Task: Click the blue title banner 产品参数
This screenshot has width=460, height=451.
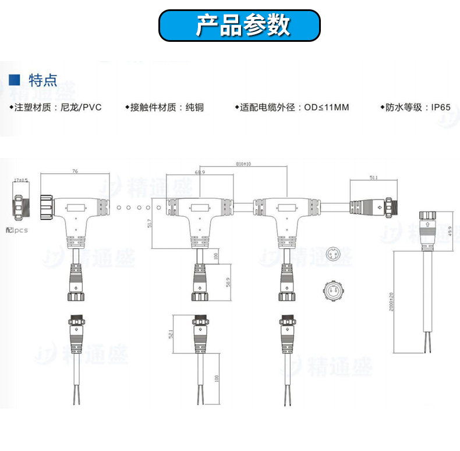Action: click(x=240, y=26)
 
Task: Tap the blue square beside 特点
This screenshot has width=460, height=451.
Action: click(x=16, y=80)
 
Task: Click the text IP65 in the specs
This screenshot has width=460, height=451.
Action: click(x=441, y=108)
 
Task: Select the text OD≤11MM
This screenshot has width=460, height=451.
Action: click(x=327, y=108)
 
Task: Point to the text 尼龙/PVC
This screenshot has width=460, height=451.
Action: click(x=81, y=108)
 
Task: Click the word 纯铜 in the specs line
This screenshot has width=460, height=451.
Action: click(x=194, y=108)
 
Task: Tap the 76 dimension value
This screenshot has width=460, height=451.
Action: click(x=75, y=171)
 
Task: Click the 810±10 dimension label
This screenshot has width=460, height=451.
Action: click(x=243, y=164)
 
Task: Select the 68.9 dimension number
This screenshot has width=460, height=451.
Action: click(x=200, y=173)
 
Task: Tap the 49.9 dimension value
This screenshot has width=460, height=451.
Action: click(x=450, y=231)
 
